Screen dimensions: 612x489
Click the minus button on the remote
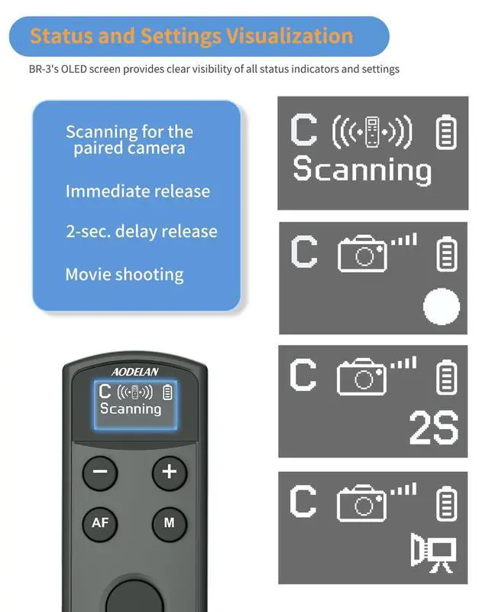click(100, 473)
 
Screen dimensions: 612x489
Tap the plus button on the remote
click(169, 472)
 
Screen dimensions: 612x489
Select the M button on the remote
click(169, 523)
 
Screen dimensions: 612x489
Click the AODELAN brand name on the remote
click(134, 371)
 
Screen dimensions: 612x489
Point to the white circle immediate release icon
click(442, 308)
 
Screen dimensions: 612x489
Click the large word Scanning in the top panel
click(362, 169)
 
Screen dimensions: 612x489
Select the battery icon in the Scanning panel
click(446, 132)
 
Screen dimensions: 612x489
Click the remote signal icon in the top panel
click(372, 132)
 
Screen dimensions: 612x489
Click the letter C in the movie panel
click(303, 501)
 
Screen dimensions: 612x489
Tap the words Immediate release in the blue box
click(138, 191)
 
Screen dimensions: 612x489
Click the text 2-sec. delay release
click(141, 232)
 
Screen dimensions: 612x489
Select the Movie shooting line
click(125, 274)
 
